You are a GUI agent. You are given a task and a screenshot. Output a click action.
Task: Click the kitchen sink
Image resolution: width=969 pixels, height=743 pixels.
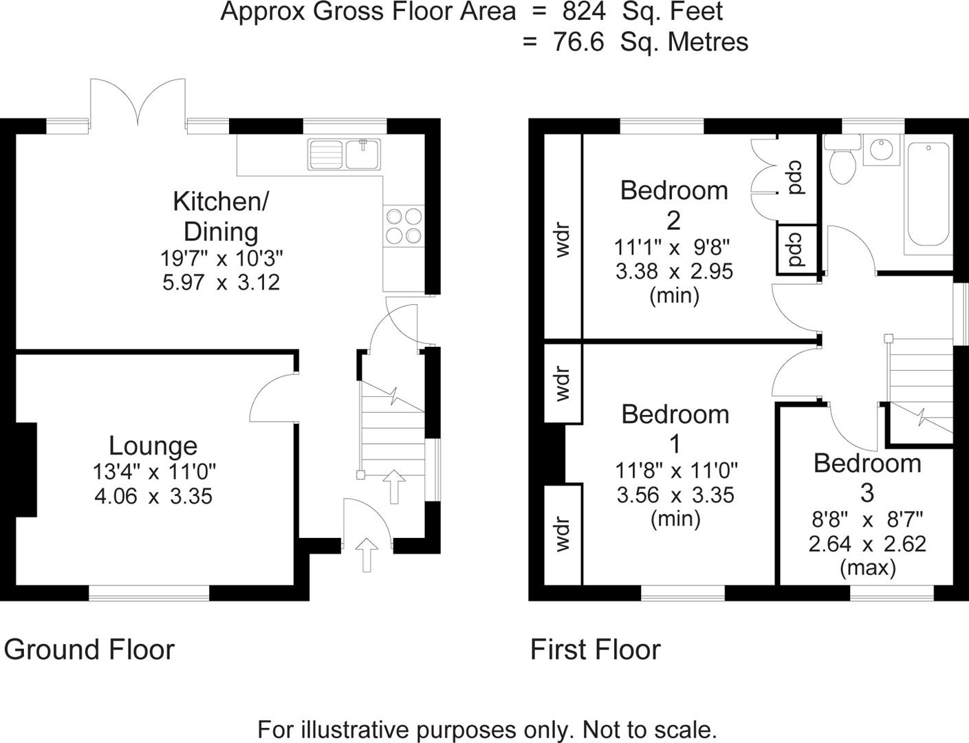pyautogui.click(x=344, y=153)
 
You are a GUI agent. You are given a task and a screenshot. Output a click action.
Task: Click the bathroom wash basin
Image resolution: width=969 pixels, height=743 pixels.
pyautogui.click(x=881, y=149)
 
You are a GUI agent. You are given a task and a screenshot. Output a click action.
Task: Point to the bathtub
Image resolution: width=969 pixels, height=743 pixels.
pyautogui.click(x=928, y=195)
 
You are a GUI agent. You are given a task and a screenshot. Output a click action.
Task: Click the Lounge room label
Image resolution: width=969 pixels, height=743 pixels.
pyautogui.click(x=153, y=446)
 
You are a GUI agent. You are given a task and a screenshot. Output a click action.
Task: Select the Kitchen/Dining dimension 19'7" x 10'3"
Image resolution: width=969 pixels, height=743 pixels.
pyautogui.click(x=221, y=259)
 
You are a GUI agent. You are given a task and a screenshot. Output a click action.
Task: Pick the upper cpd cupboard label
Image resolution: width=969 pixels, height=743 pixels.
pyautogui.click(x=796, y=177)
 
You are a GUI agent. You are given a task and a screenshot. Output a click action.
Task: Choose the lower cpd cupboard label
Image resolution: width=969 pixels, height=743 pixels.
pyautogui.click(x=796, y=249)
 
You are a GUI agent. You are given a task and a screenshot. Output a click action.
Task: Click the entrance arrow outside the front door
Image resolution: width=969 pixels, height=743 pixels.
pyautogui.click(x=367, y=554)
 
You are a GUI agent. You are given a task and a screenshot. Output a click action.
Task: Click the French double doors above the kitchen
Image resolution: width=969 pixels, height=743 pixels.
pyautogui.click(x=138, y=103)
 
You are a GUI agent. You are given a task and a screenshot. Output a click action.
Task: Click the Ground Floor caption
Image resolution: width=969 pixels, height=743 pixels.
pyautogui.click(x=89, y=649)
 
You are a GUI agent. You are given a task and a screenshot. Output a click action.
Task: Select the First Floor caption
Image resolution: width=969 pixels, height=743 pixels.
pyautogui.click(x=595, y=649)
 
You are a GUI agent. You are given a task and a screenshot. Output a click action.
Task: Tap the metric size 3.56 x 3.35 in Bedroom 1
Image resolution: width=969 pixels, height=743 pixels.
pyautogui.click(x=675, y=495)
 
